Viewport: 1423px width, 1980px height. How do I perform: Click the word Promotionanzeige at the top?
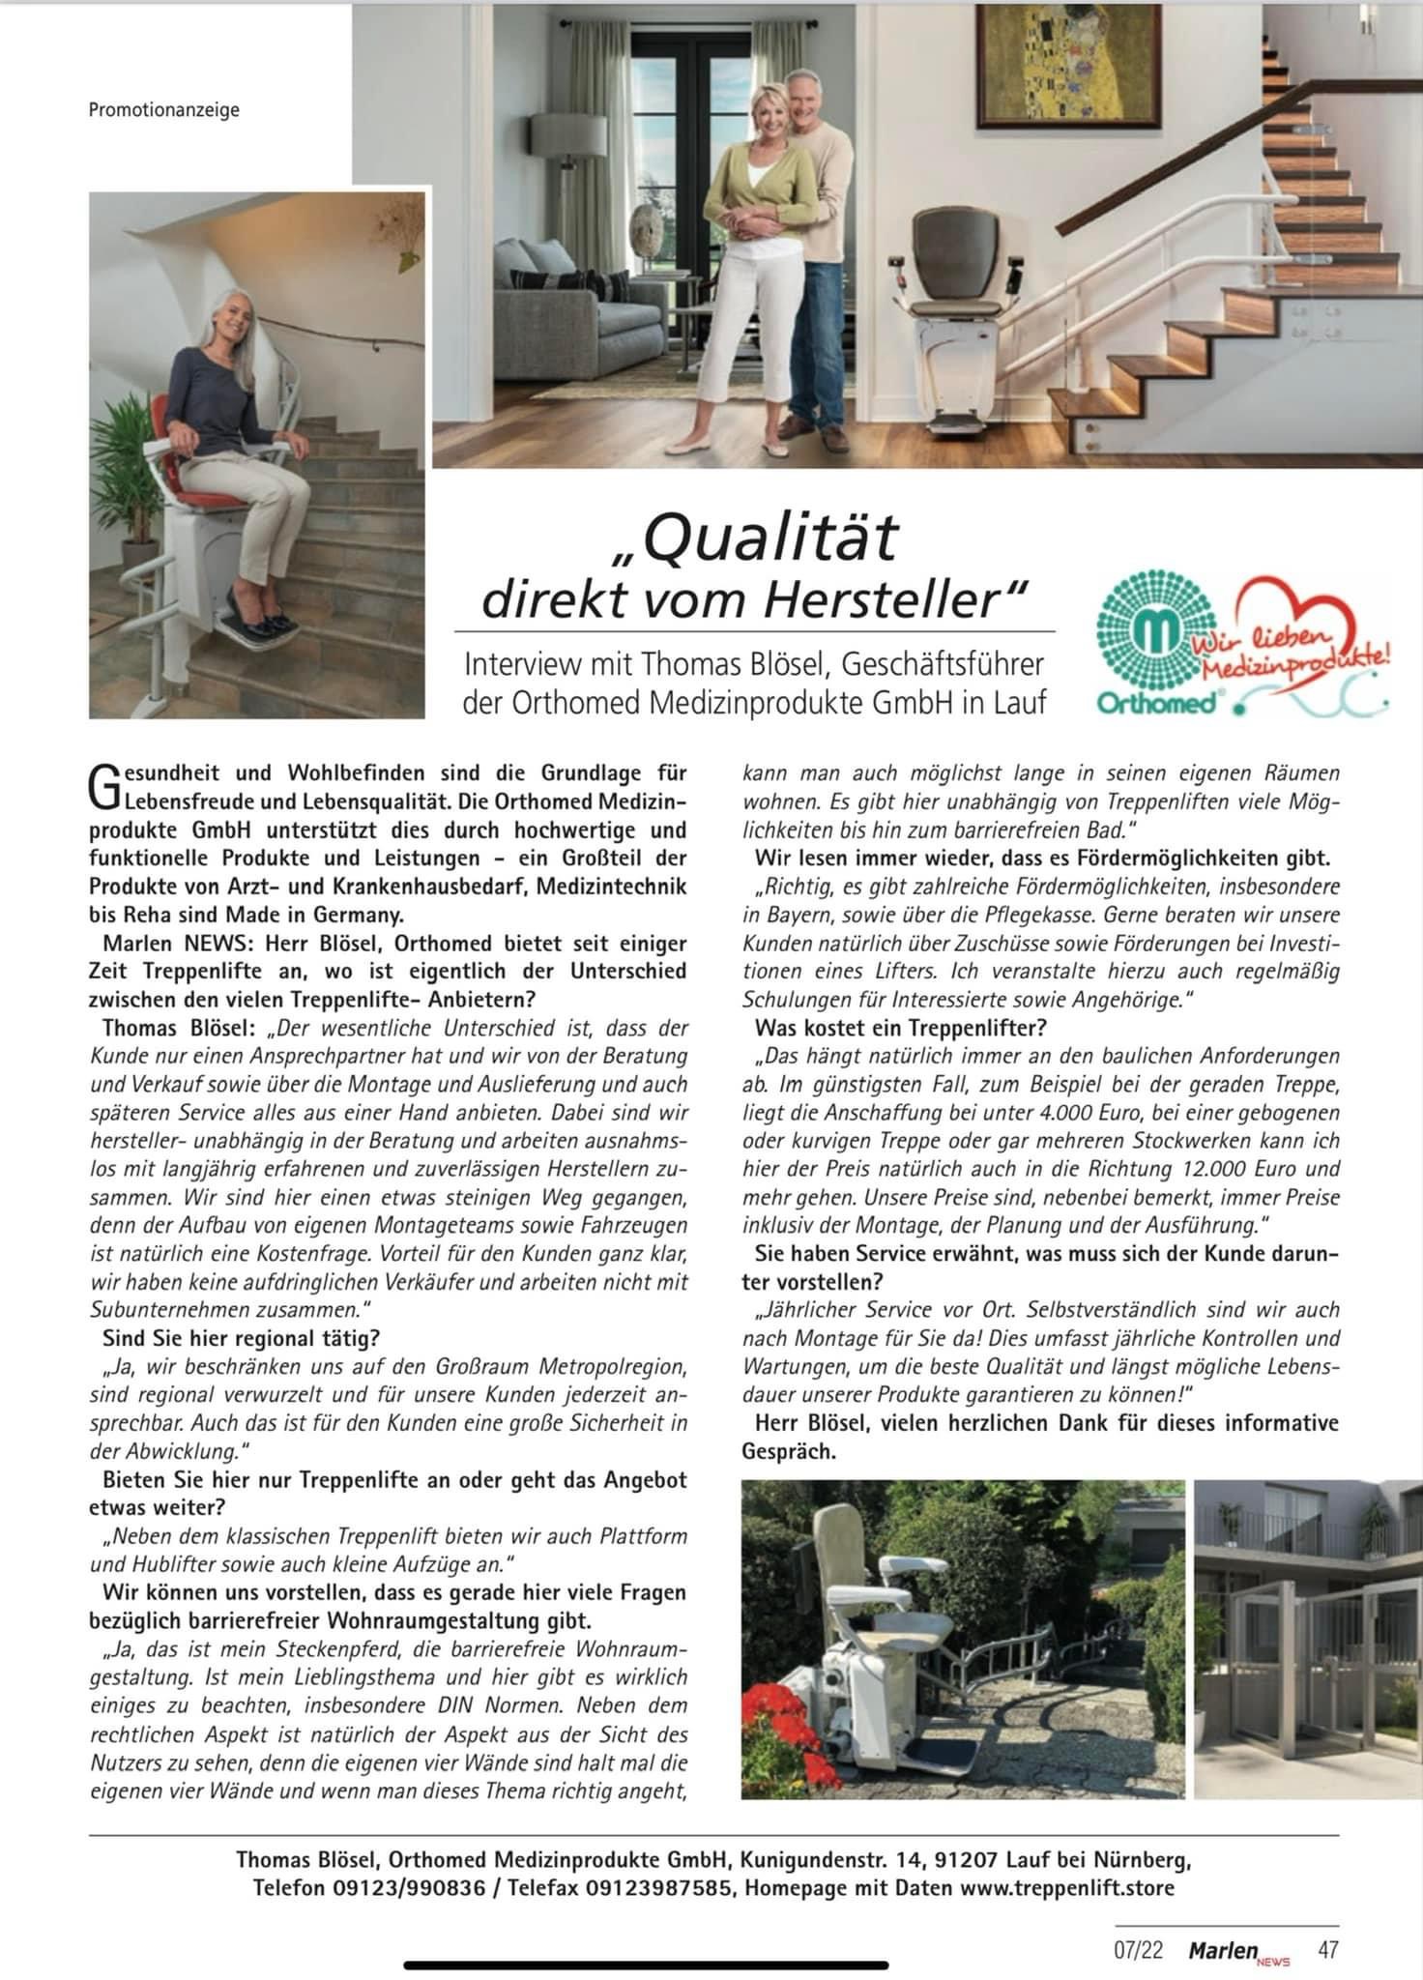163,110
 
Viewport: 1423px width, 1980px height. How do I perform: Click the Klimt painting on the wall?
1070,58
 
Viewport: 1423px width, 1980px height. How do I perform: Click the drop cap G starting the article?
102,787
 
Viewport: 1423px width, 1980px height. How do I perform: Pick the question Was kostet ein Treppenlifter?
900,1028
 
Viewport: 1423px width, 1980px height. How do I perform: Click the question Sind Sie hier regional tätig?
241,1339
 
